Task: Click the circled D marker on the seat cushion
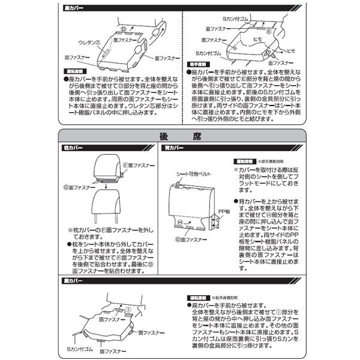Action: (122, 28)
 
